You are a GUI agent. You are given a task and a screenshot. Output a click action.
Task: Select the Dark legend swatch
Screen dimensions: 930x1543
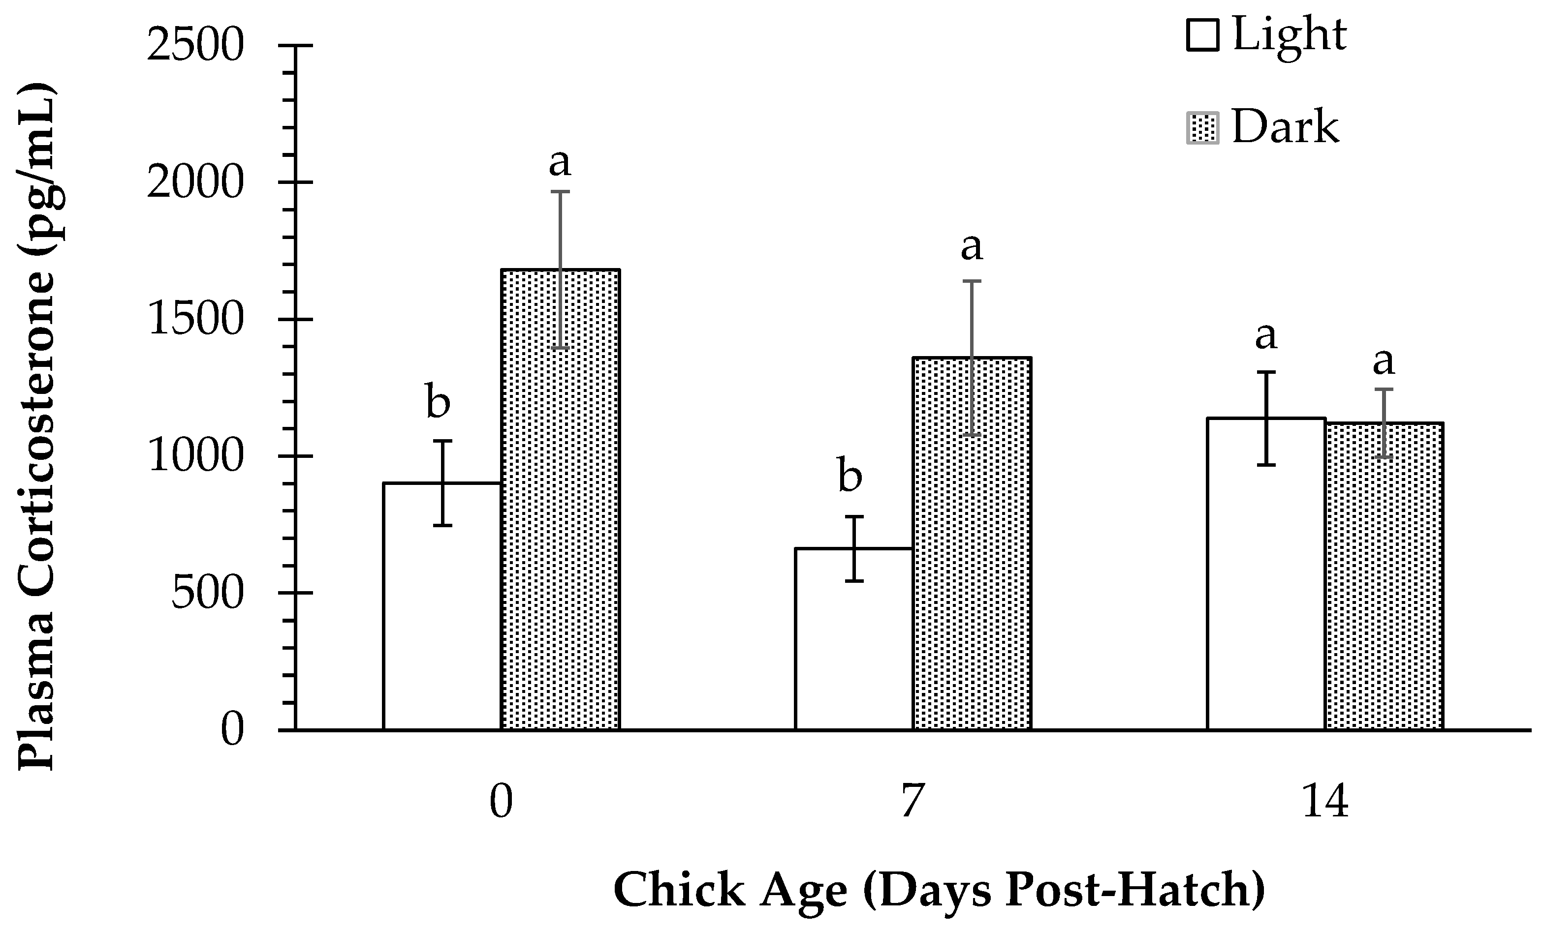point(1202,128)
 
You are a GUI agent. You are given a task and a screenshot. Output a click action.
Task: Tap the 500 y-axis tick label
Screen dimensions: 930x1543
point(206,593)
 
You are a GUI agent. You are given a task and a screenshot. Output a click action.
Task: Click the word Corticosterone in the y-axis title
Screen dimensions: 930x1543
point(37,432)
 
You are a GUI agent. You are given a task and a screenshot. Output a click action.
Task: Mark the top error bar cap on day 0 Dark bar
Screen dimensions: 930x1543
point(561,191)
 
